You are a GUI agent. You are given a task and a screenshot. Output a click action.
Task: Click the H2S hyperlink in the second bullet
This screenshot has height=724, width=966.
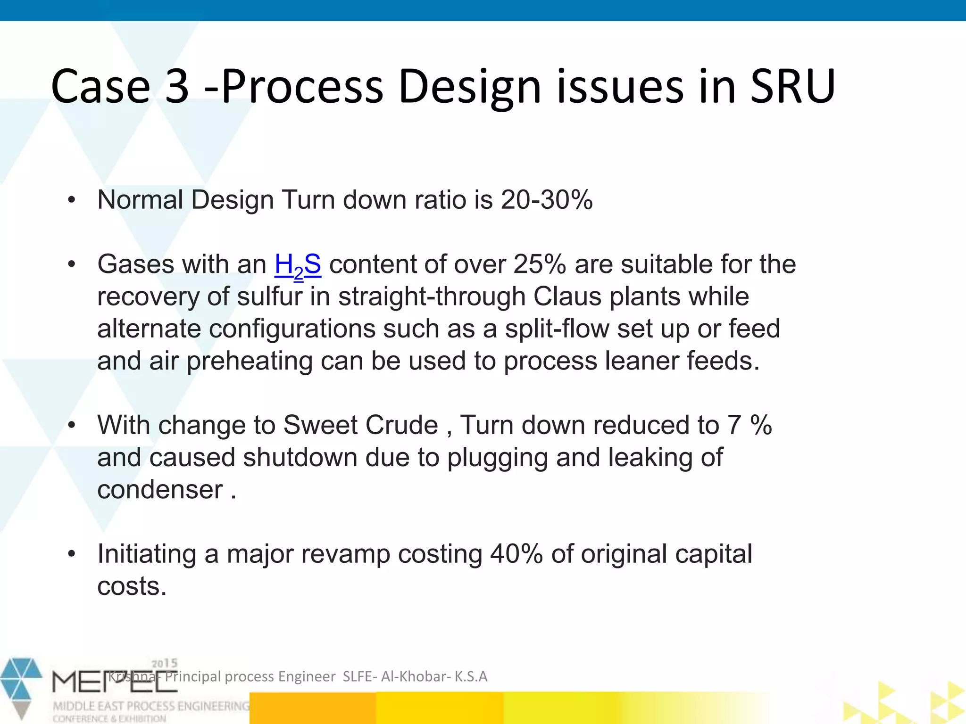[x=298, y=265]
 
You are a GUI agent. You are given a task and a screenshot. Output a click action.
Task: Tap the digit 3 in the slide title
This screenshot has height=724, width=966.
[x=177, y=87]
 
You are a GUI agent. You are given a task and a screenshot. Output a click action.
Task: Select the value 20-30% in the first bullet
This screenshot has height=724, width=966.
[x=546, y=200]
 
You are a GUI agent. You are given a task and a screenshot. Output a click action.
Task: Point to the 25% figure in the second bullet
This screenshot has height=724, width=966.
[x=539, y=264]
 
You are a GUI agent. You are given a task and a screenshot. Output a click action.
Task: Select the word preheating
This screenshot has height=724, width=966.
[x=250, y=362]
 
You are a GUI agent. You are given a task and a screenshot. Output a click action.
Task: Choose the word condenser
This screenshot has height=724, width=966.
[x=160, y=490]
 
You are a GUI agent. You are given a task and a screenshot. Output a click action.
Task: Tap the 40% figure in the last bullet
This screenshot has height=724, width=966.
[x=516, y=554]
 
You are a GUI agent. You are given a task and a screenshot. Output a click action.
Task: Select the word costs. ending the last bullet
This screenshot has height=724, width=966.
[x=132, y=586]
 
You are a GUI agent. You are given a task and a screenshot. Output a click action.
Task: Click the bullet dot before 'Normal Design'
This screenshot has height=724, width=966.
[x=71, y=200]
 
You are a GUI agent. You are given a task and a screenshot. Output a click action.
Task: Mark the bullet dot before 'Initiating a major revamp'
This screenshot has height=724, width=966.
[x=71, y=554]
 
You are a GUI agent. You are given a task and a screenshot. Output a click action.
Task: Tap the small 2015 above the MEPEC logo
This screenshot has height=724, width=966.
[x=164, y=664]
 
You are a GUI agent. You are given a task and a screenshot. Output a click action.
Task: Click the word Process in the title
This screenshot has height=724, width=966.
[x=302, y=87]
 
